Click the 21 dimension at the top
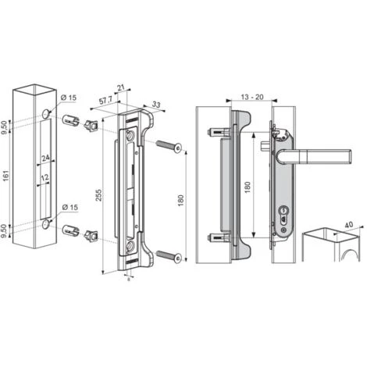(119, 88)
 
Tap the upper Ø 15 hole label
(69, 97)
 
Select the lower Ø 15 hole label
(69, 208)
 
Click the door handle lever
(308, 155)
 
